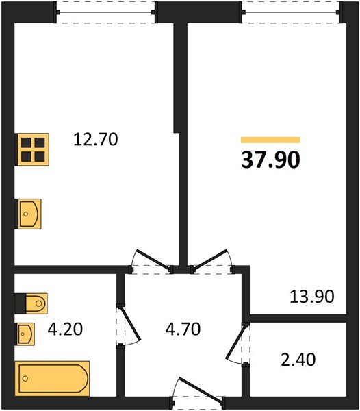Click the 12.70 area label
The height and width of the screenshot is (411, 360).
(96, 140)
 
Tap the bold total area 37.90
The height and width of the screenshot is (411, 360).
(270, 159)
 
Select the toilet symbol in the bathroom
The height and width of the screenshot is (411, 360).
(31, 302)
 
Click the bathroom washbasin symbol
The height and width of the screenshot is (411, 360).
(26, 334)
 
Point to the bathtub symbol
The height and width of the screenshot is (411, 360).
(52, 377)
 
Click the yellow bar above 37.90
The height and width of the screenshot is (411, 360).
(270, 140)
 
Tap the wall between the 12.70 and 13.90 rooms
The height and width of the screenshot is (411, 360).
(183, 171)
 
